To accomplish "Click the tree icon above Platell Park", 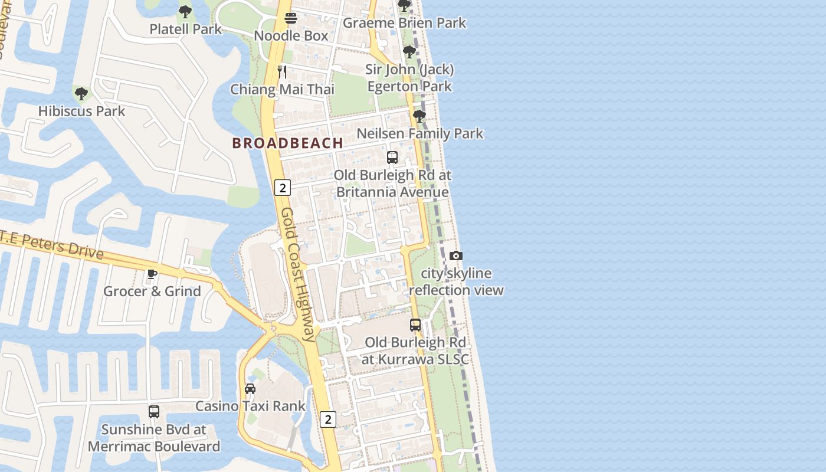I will pos(185,11).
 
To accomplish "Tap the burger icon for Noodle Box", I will pos(290,18).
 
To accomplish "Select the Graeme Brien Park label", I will pos(404,23).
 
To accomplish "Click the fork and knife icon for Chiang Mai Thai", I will pos(282,72).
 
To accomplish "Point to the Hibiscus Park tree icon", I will pos(81,93).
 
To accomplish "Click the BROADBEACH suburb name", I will pos(287,143).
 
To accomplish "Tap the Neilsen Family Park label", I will pos(419,133).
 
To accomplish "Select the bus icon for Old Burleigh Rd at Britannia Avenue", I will pos(392,158).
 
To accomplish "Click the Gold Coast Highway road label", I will pos(298,274).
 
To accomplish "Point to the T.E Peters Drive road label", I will pos(52,244).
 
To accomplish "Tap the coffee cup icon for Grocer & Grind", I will pos(152,274).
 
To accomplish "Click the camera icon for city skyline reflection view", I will pos(456,255).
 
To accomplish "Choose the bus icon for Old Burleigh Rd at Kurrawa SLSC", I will pos(415,325).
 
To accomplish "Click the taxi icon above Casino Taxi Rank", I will pos(250,389).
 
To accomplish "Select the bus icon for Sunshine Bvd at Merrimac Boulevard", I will pos(154,412).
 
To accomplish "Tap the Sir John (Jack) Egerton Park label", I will pos(409,78).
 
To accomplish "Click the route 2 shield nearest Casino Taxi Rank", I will pos(328,419).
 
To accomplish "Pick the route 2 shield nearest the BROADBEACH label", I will pos(283,188).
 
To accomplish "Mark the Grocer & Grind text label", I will pos(152,291).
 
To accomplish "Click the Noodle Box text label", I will pos(290,36).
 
